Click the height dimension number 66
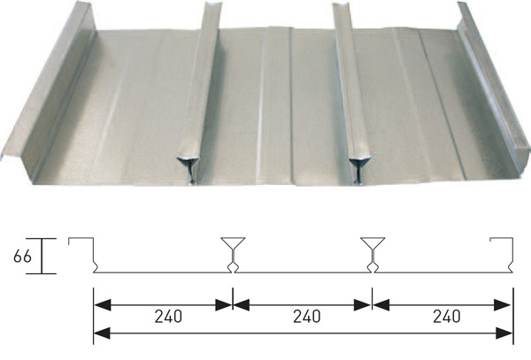tap(22, 257)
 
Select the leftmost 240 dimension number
tap(168, 317)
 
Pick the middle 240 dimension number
tap(307, 317)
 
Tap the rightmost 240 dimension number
tap(447, 317)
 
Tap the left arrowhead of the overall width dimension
tap(103, 333)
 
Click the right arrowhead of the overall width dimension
tap(504, 333)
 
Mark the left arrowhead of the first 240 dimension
tap(103, 305)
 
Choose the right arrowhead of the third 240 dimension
tap(502, 305)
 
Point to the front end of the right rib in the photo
tap(360, 168)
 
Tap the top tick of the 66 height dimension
tap(42, 239)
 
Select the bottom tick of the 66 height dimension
tap(42, 273)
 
